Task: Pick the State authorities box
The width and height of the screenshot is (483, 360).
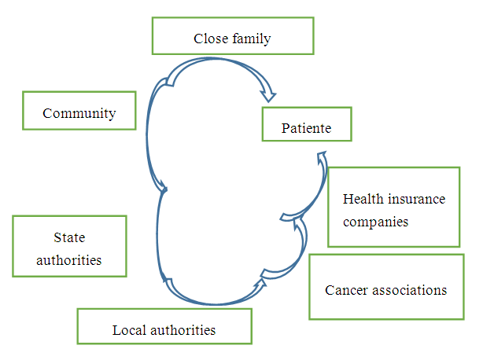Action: (69, 246)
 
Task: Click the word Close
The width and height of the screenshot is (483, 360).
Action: (210, 38)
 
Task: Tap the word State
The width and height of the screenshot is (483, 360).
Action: (69, 237)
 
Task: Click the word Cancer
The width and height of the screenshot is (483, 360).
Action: (345, 290)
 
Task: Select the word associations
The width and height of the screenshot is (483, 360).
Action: (408, 290)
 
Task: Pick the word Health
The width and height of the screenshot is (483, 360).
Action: (361, 198)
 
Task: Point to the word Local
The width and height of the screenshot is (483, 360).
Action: (129, 329)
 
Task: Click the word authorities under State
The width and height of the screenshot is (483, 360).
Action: (69, 259)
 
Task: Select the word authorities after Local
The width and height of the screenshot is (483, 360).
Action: (183, 329)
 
